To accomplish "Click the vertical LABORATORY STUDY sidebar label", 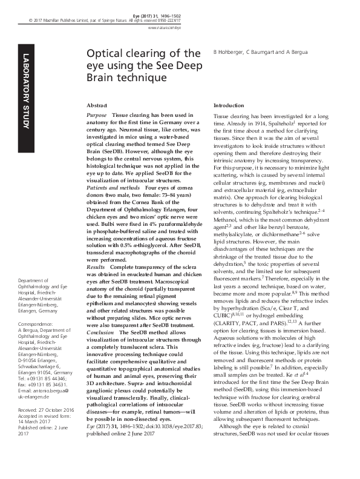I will pos(25,91).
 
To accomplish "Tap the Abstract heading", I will pos(97,106).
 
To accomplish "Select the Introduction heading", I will pos(229,106).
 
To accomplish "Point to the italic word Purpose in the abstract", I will pos(97,114).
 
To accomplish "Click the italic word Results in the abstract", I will pos(97,249).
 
